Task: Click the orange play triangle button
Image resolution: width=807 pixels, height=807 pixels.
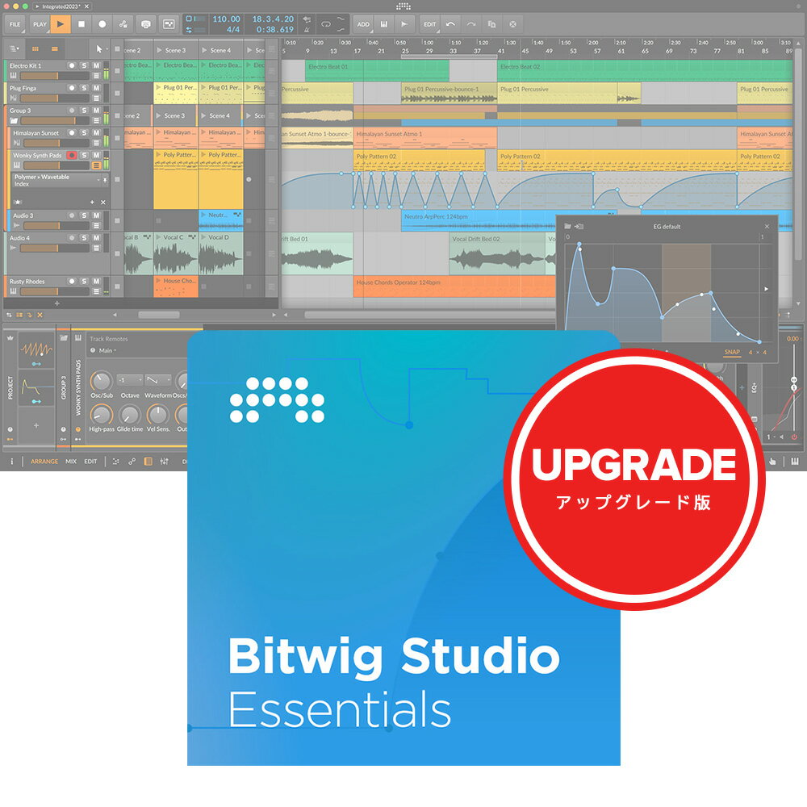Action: (x=61, y=24)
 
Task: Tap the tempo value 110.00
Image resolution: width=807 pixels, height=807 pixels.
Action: (x=226, y=19)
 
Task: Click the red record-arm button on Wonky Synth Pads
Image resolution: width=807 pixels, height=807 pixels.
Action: (x=72, y=155)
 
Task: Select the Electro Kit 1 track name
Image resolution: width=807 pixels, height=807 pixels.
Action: (x=26, y=65)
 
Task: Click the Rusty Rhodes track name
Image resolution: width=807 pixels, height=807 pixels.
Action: (x=27, y=282)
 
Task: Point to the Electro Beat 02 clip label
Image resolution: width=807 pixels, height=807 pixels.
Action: (x=521, y=66)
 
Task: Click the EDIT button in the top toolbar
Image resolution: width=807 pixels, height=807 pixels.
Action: (x=429, y=24)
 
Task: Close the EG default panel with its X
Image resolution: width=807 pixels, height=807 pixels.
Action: (x=767, y=227)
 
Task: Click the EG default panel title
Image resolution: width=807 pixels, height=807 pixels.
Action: (x=667, y=227)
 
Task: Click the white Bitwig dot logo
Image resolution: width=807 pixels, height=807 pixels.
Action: (x=277, y=400)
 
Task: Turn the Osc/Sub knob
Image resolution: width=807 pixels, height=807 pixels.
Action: (x=102, y=380)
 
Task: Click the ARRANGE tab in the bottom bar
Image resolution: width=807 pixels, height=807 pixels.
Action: (x=44, y=462)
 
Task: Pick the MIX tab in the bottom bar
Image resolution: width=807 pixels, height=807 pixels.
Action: (x=71, y=462)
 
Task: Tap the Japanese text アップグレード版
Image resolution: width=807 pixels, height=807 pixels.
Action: (x=633, y=502)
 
